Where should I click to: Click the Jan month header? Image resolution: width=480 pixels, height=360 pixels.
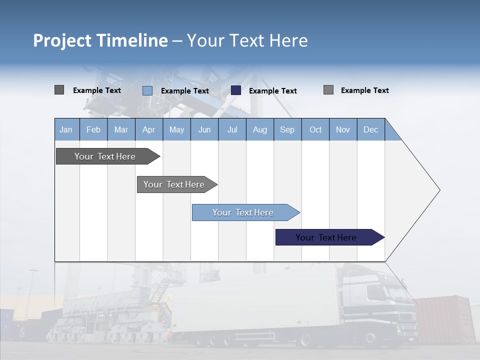tap(66, 129)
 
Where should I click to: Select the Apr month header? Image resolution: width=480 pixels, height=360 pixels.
tap(149, 129)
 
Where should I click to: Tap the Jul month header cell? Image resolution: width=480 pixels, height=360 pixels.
tap(232, 129)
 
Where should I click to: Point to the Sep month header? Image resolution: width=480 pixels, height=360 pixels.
tap(287, 129)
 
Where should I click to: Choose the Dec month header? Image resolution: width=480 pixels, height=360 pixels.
tap(370, 129)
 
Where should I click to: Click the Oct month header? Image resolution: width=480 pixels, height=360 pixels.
tap(315, 129)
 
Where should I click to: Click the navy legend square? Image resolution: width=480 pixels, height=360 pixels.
tap(236, 90)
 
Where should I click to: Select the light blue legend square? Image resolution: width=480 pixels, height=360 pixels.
tap(147, 90)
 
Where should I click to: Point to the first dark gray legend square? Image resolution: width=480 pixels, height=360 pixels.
tap(59, 90)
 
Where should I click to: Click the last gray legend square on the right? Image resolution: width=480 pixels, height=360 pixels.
tap(328, 90)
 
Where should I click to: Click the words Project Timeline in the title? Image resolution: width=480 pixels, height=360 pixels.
tap(100, 40)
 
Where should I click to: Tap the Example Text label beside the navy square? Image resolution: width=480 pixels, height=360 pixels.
tap(273, 91)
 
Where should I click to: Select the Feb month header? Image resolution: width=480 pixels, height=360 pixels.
tap(93, 129)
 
